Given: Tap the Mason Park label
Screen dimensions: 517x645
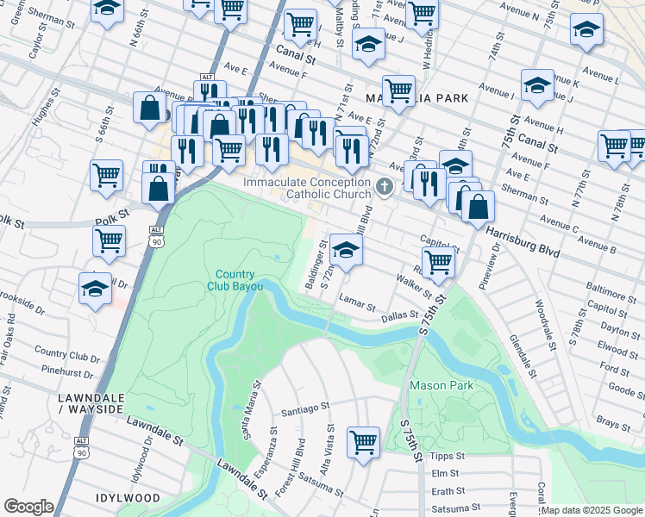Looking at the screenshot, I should tap(441, 385).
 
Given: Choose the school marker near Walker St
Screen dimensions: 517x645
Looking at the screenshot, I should tap(345, 251).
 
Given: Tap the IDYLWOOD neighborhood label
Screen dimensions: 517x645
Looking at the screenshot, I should tap(128, 498).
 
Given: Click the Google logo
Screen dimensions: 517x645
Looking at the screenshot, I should tap(28, 506).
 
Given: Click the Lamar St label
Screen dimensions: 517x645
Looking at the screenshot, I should tap(358, 306).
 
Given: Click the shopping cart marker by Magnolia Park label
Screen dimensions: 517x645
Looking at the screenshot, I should tap(398, 90).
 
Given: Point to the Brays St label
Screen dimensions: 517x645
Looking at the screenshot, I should tap(613, 423).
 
